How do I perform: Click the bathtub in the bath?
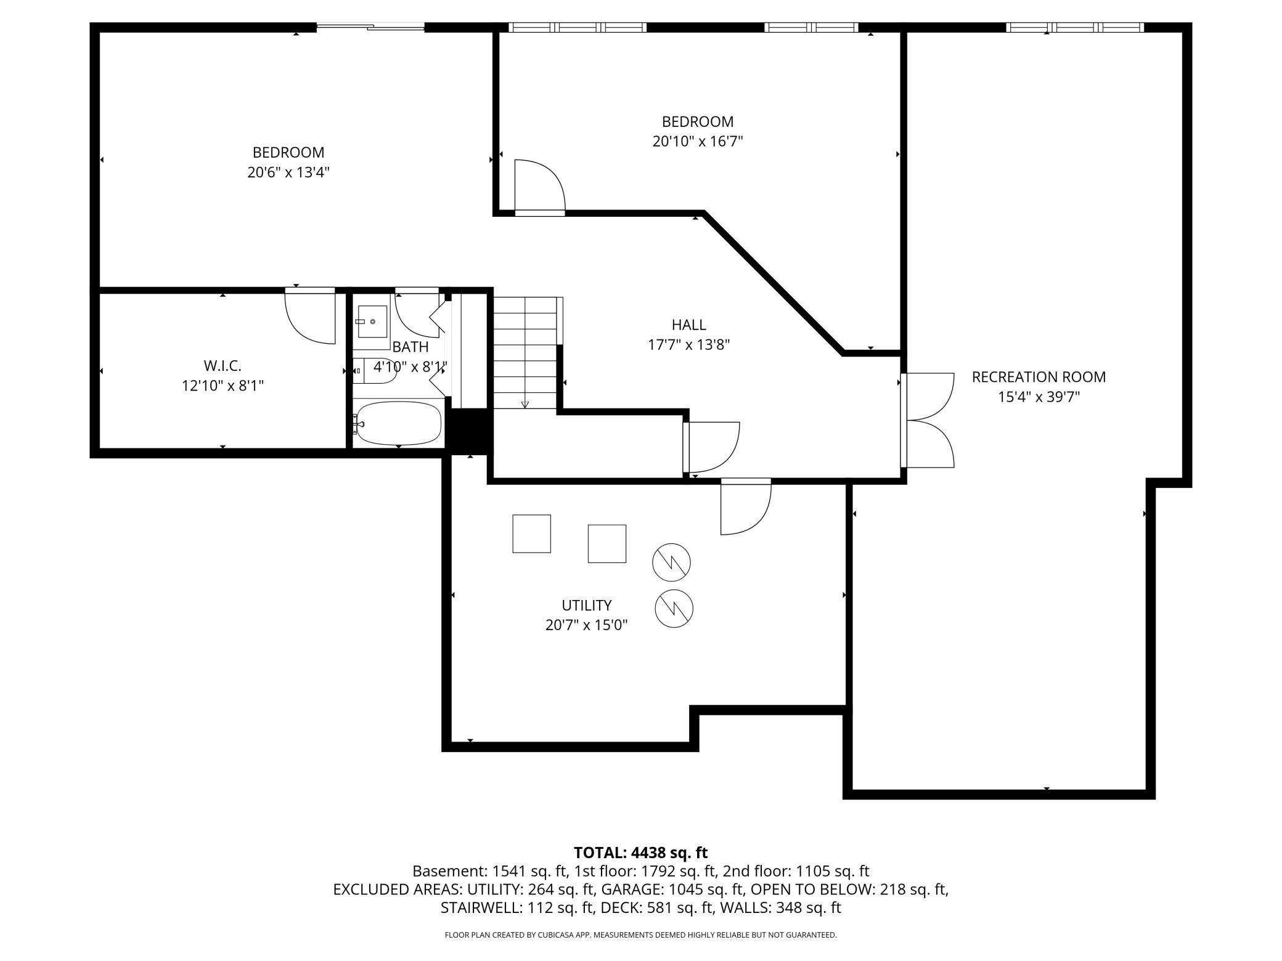click(x=399, y=423)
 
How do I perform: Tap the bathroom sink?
click(x=372, y=322)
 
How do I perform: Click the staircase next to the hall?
click(x=525, y=352)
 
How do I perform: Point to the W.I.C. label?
click(x=223, y=366)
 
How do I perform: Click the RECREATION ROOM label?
click(x=1039, y=377)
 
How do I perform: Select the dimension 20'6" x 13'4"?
click(x=288, y=172)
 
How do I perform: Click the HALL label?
click(x=688, y=325)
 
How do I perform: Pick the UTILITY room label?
click(x=586, y=605)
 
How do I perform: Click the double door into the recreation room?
click(x=928, y=420)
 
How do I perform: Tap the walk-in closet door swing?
click(x=310, y=315)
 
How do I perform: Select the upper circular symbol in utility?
click(x=671, y=562)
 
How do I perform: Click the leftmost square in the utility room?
click(x=531, y=533)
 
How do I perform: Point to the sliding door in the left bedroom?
click(x=370, y=26)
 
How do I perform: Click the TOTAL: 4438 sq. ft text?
click(x=640, y=853)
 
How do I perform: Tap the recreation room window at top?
click(x=1075, y=27)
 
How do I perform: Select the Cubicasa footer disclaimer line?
click(x=640, y=935)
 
